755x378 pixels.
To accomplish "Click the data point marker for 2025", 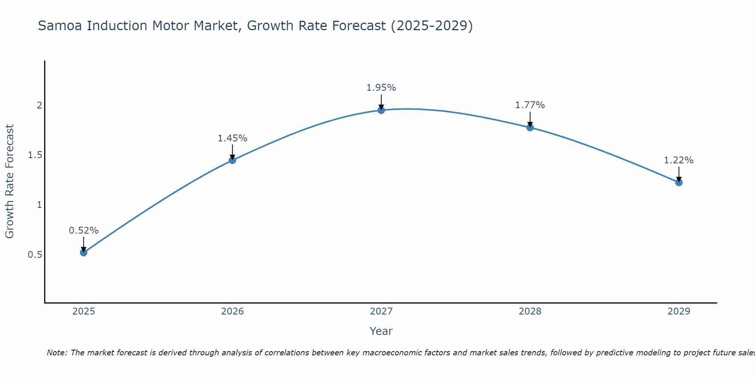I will coord(84,253).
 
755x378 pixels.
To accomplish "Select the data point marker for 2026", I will coord(233,160).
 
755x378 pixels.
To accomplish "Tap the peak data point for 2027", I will coord(381,110).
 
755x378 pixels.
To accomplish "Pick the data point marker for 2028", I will coord(530,127).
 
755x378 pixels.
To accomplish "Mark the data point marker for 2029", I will coord(679,183).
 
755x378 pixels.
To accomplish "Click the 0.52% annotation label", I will coord(84,231).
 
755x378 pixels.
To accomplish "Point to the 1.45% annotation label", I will coord(233,138).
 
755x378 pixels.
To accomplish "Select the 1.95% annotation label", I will coord(381,88).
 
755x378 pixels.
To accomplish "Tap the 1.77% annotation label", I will coord(530,105).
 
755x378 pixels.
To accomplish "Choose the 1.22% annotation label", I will coord(679,160).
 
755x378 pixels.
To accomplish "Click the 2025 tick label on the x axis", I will coord(84,311).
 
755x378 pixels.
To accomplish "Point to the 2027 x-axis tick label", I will coord(381,311).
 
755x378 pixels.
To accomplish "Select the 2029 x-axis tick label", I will coord(679,311).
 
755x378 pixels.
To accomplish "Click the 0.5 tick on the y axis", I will coord(35,255).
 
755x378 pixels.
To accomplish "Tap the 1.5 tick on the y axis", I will coord(35,155).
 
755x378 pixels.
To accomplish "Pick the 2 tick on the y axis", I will coord(39,105).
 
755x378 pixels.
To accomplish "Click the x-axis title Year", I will coord(381,331).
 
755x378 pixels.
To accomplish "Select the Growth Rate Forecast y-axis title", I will coord(10,181).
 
